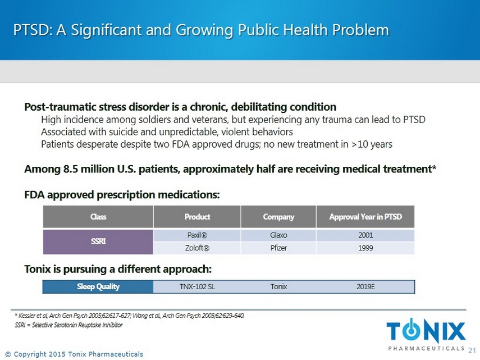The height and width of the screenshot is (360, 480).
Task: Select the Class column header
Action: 98,217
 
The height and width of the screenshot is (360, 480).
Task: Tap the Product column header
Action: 197,217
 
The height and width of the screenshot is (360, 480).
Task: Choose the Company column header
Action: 278,217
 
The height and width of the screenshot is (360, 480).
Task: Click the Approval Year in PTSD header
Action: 365,217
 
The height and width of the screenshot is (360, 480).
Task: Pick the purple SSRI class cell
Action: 98,241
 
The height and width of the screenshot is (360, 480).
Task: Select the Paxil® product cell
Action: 197,235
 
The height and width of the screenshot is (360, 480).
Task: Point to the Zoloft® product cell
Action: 197,248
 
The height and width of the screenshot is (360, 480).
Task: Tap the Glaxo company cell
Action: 278,235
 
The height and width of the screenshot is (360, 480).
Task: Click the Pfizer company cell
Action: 278,248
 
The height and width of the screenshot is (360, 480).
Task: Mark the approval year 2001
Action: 365,235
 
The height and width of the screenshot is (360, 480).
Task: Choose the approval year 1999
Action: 365,248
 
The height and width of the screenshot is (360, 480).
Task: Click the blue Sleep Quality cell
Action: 98,287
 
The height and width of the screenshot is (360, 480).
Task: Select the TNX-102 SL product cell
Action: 197,287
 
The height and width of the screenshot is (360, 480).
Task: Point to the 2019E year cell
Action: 365,287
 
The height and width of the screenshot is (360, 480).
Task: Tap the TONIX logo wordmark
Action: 426,331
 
